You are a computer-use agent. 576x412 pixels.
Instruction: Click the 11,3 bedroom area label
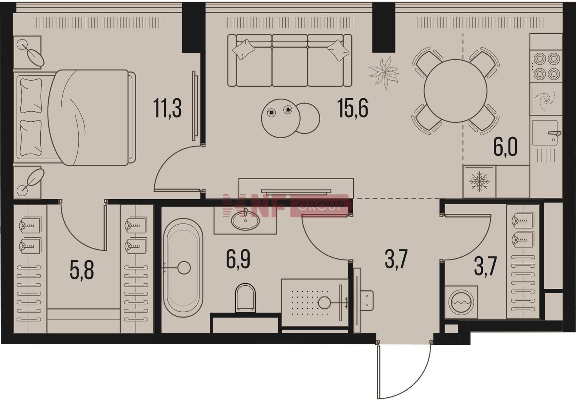point(167,109)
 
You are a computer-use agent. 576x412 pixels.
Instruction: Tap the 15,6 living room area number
point(353,108)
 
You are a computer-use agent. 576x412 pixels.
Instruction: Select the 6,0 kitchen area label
point(505,147)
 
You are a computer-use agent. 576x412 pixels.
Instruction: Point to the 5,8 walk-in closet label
point(82,270)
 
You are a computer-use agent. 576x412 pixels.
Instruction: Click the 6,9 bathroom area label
point(238,260)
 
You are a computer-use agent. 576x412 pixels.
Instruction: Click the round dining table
point(455,91)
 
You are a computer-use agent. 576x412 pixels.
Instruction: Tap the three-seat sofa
point(290,60)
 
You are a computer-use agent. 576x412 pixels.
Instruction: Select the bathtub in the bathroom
point(183,268)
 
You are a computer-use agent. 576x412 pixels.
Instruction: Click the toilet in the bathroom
point(246,298)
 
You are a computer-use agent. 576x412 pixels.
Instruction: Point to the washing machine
point(461,302)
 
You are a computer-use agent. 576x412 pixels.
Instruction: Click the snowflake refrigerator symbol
point(479,182)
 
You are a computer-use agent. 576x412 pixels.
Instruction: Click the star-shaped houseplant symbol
point(383,73)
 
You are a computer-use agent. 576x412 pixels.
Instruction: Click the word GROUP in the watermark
point(321,206)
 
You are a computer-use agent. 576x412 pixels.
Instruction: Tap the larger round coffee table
point(281,118)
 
